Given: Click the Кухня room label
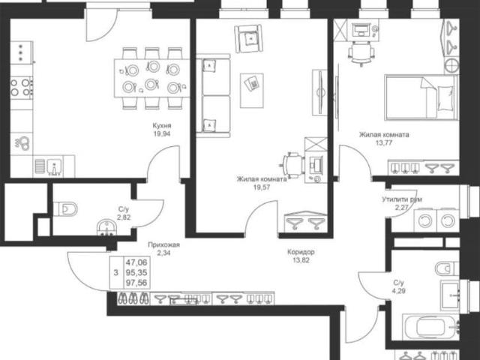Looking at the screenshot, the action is [x=162, y=125].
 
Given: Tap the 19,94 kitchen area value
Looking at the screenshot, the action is [x=162, y=133].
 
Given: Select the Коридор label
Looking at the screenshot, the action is [x=301, y=252].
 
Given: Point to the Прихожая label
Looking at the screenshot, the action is [x=163, y=244].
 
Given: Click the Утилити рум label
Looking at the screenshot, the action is [x=402, y=199].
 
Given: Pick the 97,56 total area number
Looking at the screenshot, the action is [x=136, y=283].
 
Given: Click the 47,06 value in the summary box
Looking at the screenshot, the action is [x=136, y=262].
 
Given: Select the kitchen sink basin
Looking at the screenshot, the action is [x=55, y=166].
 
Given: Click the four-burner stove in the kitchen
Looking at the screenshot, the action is [x=21, y=87].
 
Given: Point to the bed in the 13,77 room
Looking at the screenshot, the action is [x=421, y=97].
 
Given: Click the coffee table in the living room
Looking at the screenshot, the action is [x=252, y=90].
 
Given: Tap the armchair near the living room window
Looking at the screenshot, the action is [x=249, y=38].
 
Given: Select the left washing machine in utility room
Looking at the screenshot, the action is [x=425, y=220].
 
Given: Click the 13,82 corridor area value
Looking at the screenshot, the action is [x=301, y=260].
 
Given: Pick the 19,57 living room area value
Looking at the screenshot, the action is [x=262, y=187].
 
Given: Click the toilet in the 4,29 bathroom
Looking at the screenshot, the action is [x=447, y=268].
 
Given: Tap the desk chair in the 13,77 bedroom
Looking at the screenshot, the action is [x=361, y=53].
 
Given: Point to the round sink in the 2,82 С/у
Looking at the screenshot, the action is [x=106, y=228].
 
